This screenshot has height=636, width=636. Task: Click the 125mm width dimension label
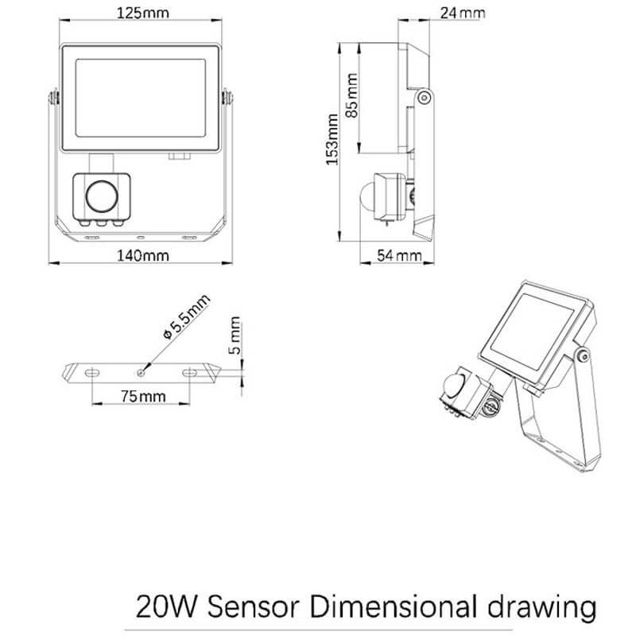click(x=143, y=13)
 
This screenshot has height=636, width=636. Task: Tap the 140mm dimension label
click(x=143, y=256)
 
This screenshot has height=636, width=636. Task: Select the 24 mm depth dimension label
click(x=463, y=13)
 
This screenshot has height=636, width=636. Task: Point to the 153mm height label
click(x=332, y=140)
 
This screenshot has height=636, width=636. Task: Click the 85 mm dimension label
click(x=351, y=95)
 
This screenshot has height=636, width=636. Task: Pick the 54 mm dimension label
click(x=400, y=255)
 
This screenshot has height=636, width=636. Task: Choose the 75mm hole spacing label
click(x=143, y=396)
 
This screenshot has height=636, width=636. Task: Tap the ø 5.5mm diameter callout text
click(x=186, y=316)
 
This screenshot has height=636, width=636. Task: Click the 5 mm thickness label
click(x=235, y=335)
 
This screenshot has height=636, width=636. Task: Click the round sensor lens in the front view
click(x=102, y=196)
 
